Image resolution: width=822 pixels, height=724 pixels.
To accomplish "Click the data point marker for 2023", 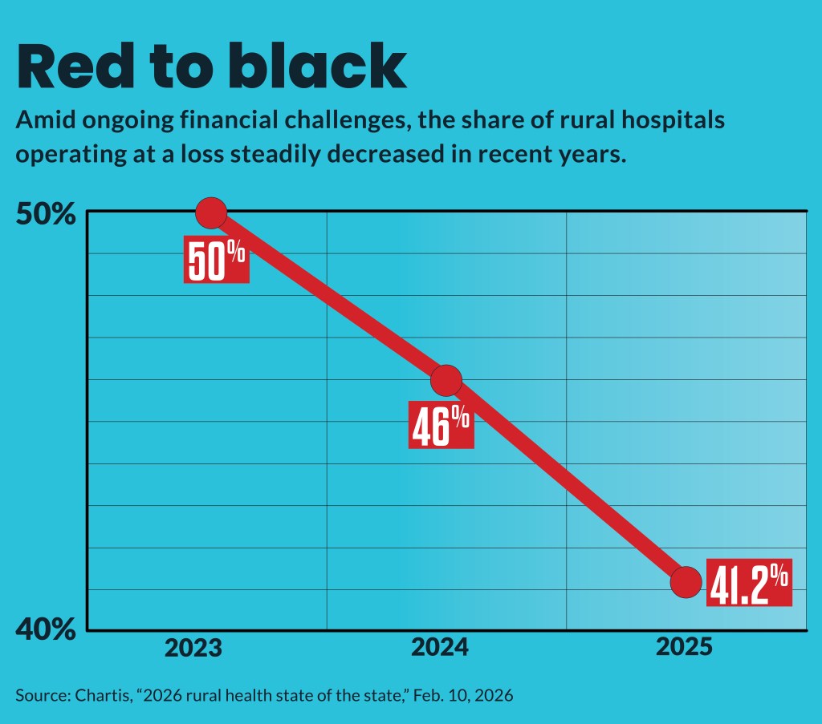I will click(211, 213).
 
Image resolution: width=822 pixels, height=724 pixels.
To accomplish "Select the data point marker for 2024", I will click(446, 380).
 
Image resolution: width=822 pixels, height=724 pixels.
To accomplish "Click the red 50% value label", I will click(217, 260).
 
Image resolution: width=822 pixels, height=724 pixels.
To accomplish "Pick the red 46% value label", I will click(441, 426).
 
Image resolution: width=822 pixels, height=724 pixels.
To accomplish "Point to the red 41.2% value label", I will click(749, 582).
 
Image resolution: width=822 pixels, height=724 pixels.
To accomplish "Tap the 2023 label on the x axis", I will click(193, 648).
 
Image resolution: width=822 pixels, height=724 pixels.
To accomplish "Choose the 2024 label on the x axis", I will click(440, 648).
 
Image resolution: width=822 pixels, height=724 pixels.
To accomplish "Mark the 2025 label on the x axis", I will click(684, 648).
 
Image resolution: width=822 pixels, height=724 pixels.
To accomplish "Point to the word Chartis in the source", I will click(89, 694).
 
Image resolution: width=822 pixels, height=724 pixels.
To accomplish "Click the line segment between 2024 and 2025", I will click(566, 481).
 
